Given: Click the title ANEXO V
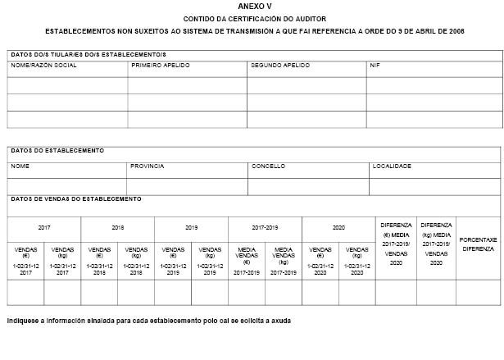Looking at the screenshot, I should (x=252, y=6).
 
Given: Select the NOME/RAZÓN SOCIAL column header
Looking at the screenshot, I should (x=44, y=65).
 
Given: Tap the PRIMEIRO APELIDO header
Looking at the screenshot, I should (x=159, y=65).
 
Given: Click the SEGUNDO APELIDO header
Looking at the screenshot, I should (x=280, y=65).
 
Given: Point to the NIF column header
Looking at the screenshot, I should (x=375, y=65).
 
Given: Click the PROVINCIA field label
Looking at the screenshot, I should (x=148, y=166).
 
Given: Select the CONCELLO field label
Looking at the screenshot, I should (x=268, y=166).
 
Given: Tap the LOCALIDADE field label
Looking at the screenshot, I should (x=392, y=166).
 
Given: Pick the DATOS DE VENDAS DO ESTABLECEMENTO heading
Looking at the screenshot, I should (x=76, y=198).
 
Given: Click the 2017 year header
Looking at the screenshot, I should (x=44, y=227).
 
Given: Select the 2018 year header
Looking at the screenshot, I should (x=118, y=227).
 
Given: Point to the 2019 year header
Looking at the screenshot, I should (x=192, y=227).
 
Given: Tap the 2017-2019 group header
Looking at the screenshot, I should (x=265, y=227).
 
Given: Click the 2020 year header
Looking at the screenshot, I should (x=338, y=227).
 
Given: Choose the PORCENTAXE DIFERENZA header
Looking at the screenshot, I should (x=478, y=244).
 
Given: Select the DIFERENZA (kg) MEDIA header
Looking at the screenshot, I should (x=436, y=235).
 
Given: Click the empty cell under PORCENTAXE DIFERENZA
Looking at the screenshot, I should (x=478, y=292).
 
